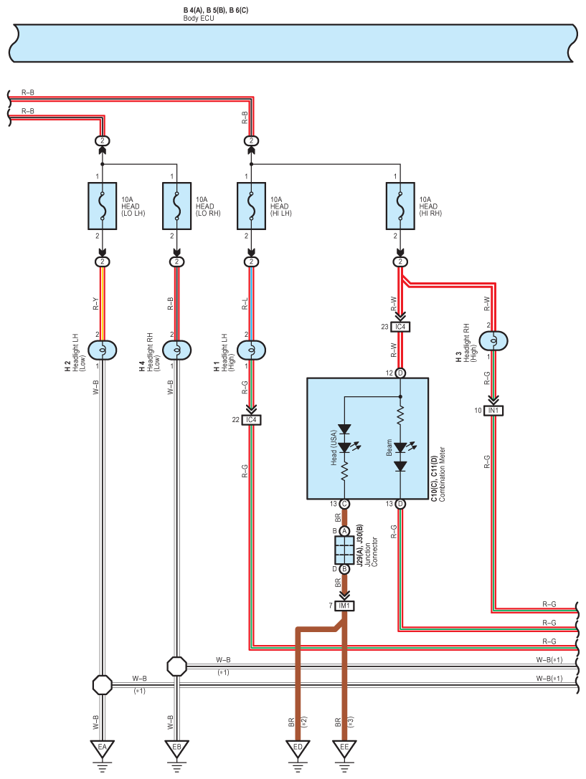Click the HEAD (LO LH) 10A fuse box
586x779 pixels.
[x=103, y=206]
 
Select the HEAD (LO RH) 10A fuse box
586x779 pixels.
[x=177, y=206]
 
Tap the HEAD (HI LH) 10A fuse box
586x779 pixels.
[x=252, y=206]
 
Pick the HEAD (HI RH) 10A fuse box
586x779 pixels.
[x=401, y=206]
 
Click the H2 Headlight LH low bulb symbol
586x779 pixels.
[x=103, y=350]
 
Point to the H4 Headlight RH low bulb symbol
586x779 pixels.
[x=177, y=350]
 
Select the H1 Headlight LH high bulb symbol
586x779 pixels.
[x=252, y=350]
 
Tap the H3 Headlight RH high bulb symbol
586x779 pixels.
[x=493, y=341]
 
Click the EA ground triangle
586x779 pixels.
[x=103, y=747]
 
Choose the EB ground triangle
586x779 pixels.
[x=177, y=747]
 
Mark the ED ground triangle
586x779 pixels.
[x=298, y=747]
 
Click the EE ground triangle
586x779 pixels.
[x=344, y=747]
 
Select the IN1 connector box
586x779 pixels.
[x=493, y=411]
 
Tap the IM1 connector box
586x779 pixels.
[x=344, y=606]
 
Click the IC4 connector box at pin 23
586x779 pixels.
[x=401, y=327]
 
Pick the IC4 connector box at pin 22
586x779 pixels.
[x=252, y=420]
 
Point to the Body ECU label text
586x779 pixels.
[x=199, y=19]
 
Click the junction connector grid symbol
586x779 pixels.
[x=344, y=550]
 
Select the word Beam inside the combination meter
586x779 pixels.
[x=389, y=447]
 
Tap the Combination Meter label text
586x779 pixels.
[x=442, y=474]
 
